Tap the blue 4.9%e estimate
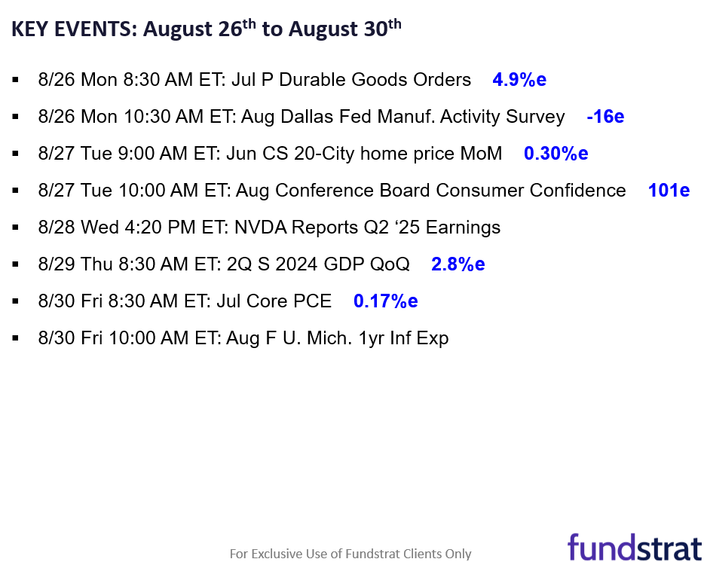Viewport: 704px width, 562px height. point(519,80)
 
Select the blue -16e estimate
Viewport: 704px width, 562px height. point(605,117)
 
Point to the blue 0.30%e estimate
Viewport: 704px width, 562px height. point(556,154)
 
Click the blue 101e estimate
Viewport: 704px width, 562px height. point(669,191)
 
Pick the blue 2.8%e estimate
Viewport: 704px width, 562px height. point(458,264)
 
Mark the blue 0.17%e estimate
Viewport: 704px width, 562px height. point(385,301)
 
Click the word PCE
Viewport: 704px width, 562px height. point(314,301)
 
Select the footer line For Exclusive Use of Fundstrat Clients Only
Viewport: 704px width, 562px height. point(350,554)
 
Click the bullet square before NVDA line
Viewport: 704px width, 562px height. point(17,228)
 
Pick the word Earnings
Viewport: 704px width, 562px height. point(463,228)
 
